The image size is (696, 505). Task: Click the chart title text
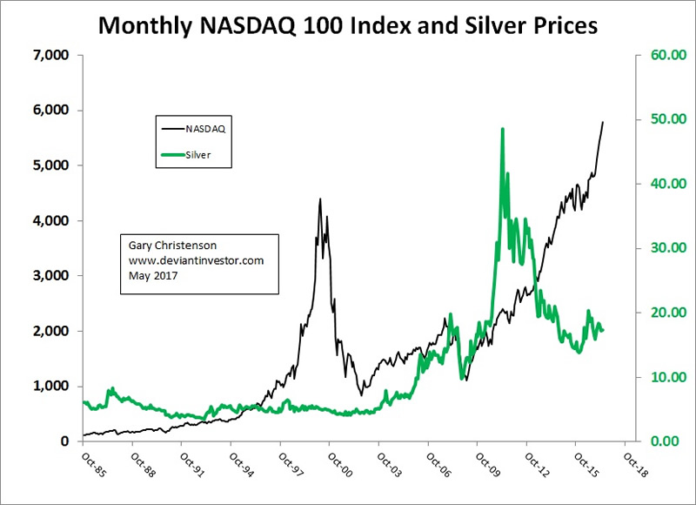pyautogui.click(x=347, y=26)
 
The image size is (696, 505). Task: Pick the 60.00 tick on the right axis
pyautogui.click(x=660, y=55)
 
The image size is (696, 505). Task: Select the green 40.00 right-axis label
pyautogui.click(x=660, y=184)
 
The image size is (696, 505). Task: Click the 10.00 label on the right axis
pyautogui.click(x=660, y=377)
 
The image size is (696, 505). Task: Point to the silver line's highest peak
pyautogui.click(x=503, y=129)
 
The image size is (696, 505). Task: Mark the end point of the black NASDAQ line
pyautogui.click(x=603, y=122)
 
